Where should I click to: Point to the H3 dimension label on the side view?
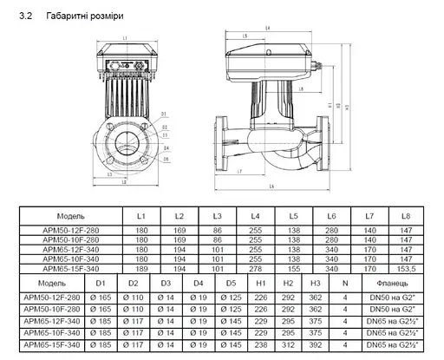[346, 107]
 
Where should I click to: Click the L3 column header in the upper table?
[218, 214]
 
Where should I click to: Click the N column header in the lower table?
[344, 283]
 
